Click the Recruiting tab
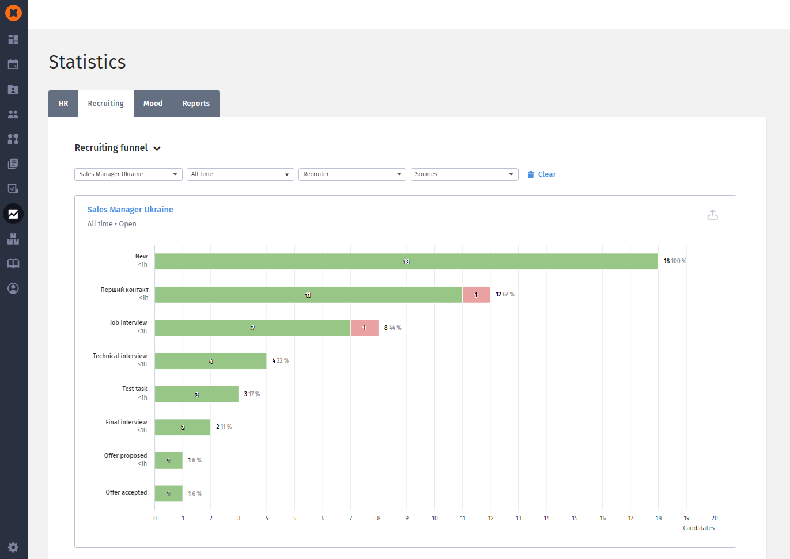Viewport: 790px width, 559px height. pyautogui.click(x=105, y=104)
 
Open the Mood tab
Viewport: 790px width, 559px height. pyautogui.click(x=153, y=104)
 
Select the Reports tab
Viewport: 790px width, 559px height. pyautogui.click(x=196, y=104)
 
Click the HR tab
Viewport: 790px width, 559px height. pyautogui.click(x=63, y=104)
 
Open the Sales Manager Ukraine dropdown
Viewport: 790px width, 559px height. pyautogui.click(x=128, y=174)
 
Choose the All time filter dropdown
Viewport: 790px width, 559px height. pyautogui.click(x=240, y=174)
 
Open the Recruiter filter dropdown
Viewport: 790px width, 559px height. pyautogui.click(x=352, y=174)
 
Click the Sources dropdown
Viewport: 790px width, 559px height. pyautogui.click(x=464, y=174)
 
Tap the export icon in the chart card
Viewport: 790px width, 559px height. pyautogui.click(x=712, y=215)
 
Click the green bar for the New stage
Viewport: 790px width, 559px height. pyautogui.click(x=406, y=261)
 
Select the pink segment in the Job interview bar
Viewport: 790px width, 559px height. pyautogui.click(x=365, y=328)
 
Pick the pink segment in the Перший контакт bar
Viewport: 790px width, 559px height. pyautogui.click(x=476, y=295)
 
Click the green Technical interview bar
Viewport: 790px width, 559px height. pyautogui.click(x=211, y=361)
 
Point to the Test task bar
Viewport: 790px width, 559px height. pyautogui.click(x=196, y=394)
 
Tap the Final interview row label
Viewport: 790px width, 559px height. pyautogui.click(x=126, y=423)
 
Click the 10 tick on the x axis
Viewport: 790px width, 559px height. pyautogui.click(x=434, y=518)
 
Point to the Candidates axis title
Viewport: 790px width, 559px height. pyautogui.click(x=698, y=528)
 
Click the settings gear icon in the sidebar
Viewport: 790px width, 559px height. pyautogui.click(x=13, y=547)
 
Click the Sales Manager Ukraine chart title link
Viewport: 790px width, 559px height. pyautogui.click(x=130, y=210)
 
